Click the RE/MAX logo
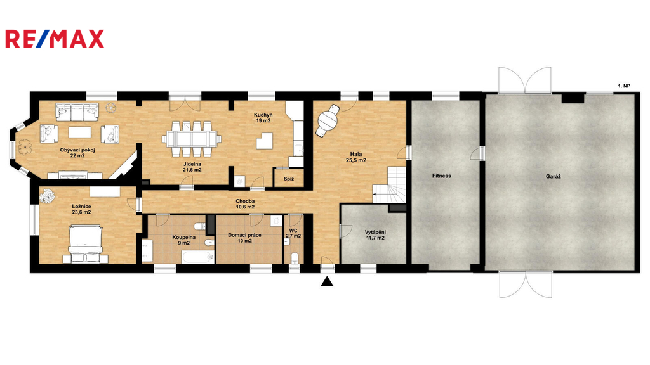pos(55,39)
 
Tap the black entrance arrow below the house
pos(328,282)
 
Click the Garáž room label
pos(553,176)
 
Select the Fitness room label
pos(442,176)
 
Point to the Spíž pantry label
pos(289,179)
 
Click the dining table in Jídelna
pos(192,138)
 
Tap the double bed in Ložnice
pos(86,244)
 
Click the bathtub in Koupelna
pos(198,257)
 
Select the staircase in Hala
pos(389,185)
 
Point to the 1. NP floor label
pos(624,86)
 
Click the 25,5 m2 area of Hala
pos(356,160)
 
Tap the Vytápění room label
pos(375,232)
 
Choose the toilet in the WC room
pos(295,258)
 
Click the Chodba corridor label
pos(245,201)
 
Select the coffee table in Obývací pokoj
pos(80,132)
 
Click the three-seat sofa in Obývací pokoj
pos(77,112)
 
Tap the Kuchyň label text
pos(263,115)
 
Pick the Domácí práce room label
pos(244,235)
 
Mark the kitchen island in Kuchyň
pos(265,141)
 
